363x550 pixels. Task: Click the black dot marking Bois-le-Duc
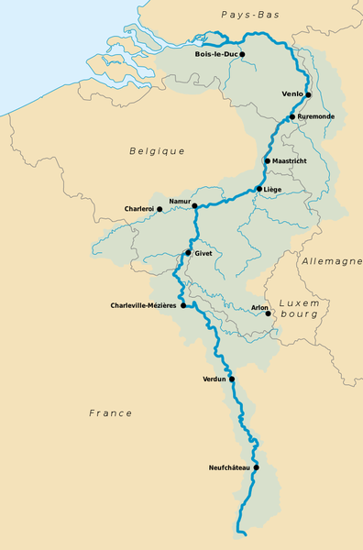pyautogui.click(x=242, y=55)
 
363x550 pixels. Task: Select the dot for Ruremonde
pyautogui.click(x=291, y=117)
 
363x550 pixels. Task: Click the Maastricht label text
pyautogui.click(x=290, y=161)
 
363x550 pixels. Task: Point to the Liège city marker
pyautogui.click(x=259, y=190)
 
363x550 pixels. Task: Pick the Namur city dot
pyautogui.click(x=194, y=206)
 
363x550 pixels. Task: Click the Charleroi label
pyautogui.click(x=139, y=209)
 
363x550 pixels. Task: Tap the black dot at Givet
pyautogui.click(x=188, y=253)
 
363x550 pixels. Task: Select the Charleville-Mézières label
pyautogui.click(x=143, y=305)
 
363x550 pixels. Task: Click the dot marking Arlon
pyautogui.click(x=268, y=313)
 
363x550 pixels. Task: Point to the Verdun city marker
pyautogui.click(x=232, y=379)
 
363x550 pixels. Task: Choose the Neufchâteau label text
pyautogui.click(x=229, y=467)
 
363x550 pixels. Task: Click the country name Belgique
pyautogui.click(x=157, y=151)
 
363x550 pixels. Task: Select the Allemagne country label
pyautogui.click(x=331, y=262)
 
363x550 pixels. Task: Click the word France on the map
pyautogui.click(x=111, y=413)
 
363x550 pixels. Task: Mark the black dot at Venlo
pyautogui.click(x=309, y=94)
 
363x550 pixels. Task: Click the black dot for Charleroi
pyautogui.click(x=159, y=209)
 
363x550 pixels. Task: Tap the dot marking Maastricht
pyautogui.click(x=267, y=161)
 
